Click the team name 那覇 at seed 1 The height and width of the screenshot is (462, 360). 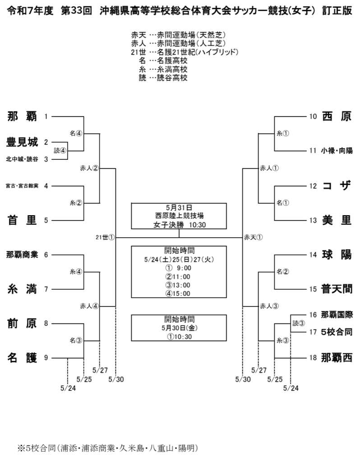(x=22, y=116)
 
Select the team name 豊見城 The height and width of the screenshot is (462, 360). (x=22, y=142)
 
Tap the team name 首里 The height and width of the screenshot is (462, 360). (x=22, y=220)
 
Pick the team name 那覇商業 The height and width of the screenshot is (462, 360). (x=22, y=254)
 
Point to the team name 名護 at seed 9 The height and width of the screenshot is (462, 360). (x=22, y=358)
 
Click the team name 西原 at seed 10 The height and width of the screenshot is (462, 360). (x=337, y=116)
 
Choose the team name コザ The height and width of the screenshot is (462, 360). (x=337, y=186)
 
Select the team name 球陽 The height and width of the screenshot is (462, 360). (x=337, y=254)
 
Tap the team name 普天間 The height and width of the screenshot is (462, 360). (x=337, y=289)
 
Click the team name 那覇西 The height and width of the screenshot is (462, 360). (x=337, y=358)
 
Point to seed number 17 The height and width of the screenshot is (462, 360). (x=313, y=332)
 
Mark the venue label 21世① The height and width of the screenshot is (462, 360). (x=105, y=237)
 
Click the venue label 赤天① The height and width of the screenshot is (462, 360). (x=253, y=237)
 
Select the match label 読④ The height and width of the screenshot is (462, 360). (x=60, y=151)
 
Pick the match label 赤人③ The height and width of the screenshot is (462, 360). (x=269, y=306)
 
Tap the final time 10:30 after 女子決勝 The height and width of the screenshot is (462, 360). (x=198, y=225)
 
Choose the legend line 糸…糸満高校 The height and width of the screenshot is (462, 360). (x=163, y=69)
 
